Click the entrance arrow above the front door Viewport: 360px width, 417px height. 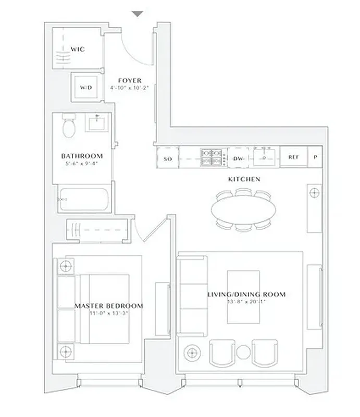[x=137, y=14]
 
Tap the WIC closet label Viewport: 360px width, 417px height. [x=78, y=50]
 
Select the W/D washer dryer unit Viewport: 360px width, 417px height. [x=85, y=88]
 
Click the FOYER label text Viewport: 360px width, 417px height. [x=130, y=80]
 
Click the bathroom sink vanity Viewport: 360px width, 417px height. [x=97, y=123]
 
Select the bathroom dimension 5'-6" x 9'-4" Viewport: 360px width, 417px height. [x=82, y=163]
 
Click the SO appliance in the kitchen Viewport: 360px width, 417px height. [x=168, y=158]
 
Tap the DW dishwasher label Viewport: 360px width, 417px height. [x=239, y=158]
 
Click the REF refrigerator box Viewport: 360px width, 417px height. [x=294, y=157]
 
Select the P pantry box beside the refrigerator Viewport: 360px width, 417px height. [x=315, y=157]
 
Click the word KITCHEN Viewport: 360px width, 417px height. [x=244, y=179]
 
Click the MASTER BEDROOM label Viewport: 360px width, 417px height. [x=108, y=305]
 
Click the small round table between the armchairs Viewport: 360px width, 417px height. [x=244, y=352]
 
